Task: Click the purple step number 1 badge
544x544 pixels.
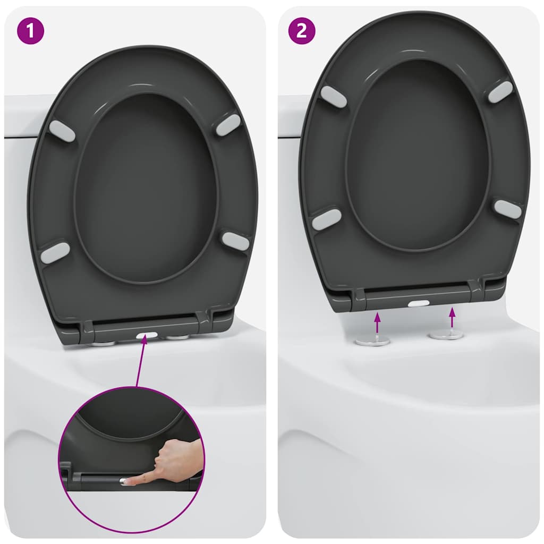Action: click(31, 31)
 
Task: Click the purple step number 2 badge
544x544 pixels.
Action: click(301, 31)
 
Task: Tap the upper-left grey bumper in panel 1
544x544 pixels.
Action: click(62, 131)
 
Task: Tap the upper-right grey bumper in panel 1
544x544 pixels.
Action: click(228, 125)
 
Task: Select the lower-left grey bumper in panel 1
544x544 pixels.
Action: click(55, 253)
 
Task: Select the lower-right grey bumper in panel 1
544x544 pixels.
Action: click(235, 241)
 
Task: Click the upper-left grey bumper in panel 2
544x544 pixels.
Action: click(333, 96)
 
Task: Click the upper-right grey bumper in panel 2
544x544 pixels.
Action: click(500, 92)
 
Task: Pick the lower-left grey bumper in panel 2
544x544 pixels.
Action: click(326, 219)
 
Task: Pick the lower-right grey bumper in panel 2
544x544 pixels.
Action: click(507, 209)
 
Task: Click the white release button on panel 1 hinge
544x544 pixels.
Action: click(147, 336)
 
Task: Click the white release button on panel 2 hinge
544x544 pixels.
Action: click(419, 303)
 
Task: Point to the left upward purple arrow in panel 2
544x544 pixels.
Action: click(377, 323)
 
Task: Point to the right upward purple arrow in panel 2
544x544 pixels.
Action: click(452, 318)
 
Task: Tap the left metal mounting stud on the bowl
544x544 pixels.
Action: click(372, 341)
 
